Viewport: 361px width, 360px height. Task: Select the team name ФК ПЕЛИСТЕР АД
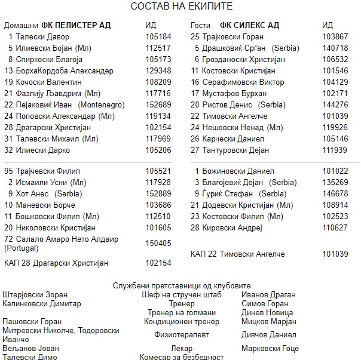click(x=77, y=26)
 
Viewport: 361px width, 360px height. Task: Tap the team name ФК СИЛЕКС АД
click(x=249, y=26)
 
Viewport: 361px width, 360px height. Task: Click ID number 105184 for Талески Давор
click(x=158, y=37)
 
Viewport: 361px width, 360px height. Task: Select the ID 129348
click(x=158, y=70)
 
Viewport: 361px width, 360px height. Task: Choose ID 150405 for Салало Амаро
click(x=158, y=243)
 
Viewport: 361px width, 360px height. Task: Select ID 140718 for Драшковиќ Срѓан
click(x=334, y=48)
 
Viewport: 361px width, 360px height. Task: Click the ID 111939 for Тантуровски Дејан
click(x=334, y=150)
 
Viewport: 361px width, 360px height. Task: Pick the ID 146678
click(x=334, y=193)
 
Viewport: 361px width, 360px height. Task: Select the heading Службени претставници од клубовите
click(x=182, y=286)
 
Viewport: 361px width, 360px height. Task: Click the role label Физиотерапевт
click(x=182, y=334)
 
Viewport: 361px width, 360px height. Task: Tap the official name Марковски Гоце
click(x=270, y=349)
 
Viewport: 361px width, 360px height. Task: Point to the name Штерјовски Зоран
click(x=35, y=295)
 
